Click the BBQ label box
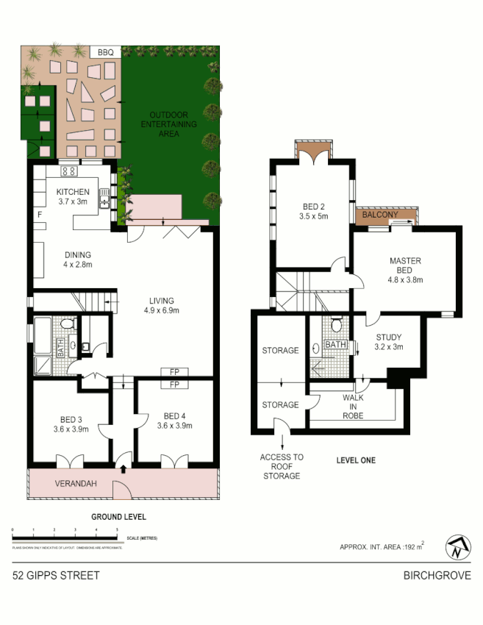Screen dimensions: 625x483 [x=105, y=52]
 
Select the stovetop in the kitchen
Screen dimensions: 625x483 [x=68, y=172]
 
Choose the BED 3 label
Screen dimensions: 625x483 [x=72, y=424]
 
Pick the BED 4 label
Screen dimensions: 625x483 [x=175, y=419]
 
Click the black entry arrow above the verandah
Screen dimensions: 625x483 [x=123, y=467]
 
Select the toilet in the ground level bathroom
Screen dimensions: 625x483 [x=66, y=324]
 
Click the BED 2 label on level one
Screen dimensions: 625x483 [x=312, y=211]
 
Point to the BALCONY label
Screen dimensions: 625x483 [x=380, y=215]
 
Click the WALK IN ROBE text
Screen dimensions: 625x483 [x=353, y=406]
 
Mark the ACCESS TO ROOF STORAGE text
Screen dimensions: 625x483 [x=281, y=466]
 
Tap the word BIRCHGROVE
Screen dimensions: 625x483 [x=437, y=575]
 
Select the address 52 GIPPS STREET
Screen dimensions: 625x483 [x=56, y=575]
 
